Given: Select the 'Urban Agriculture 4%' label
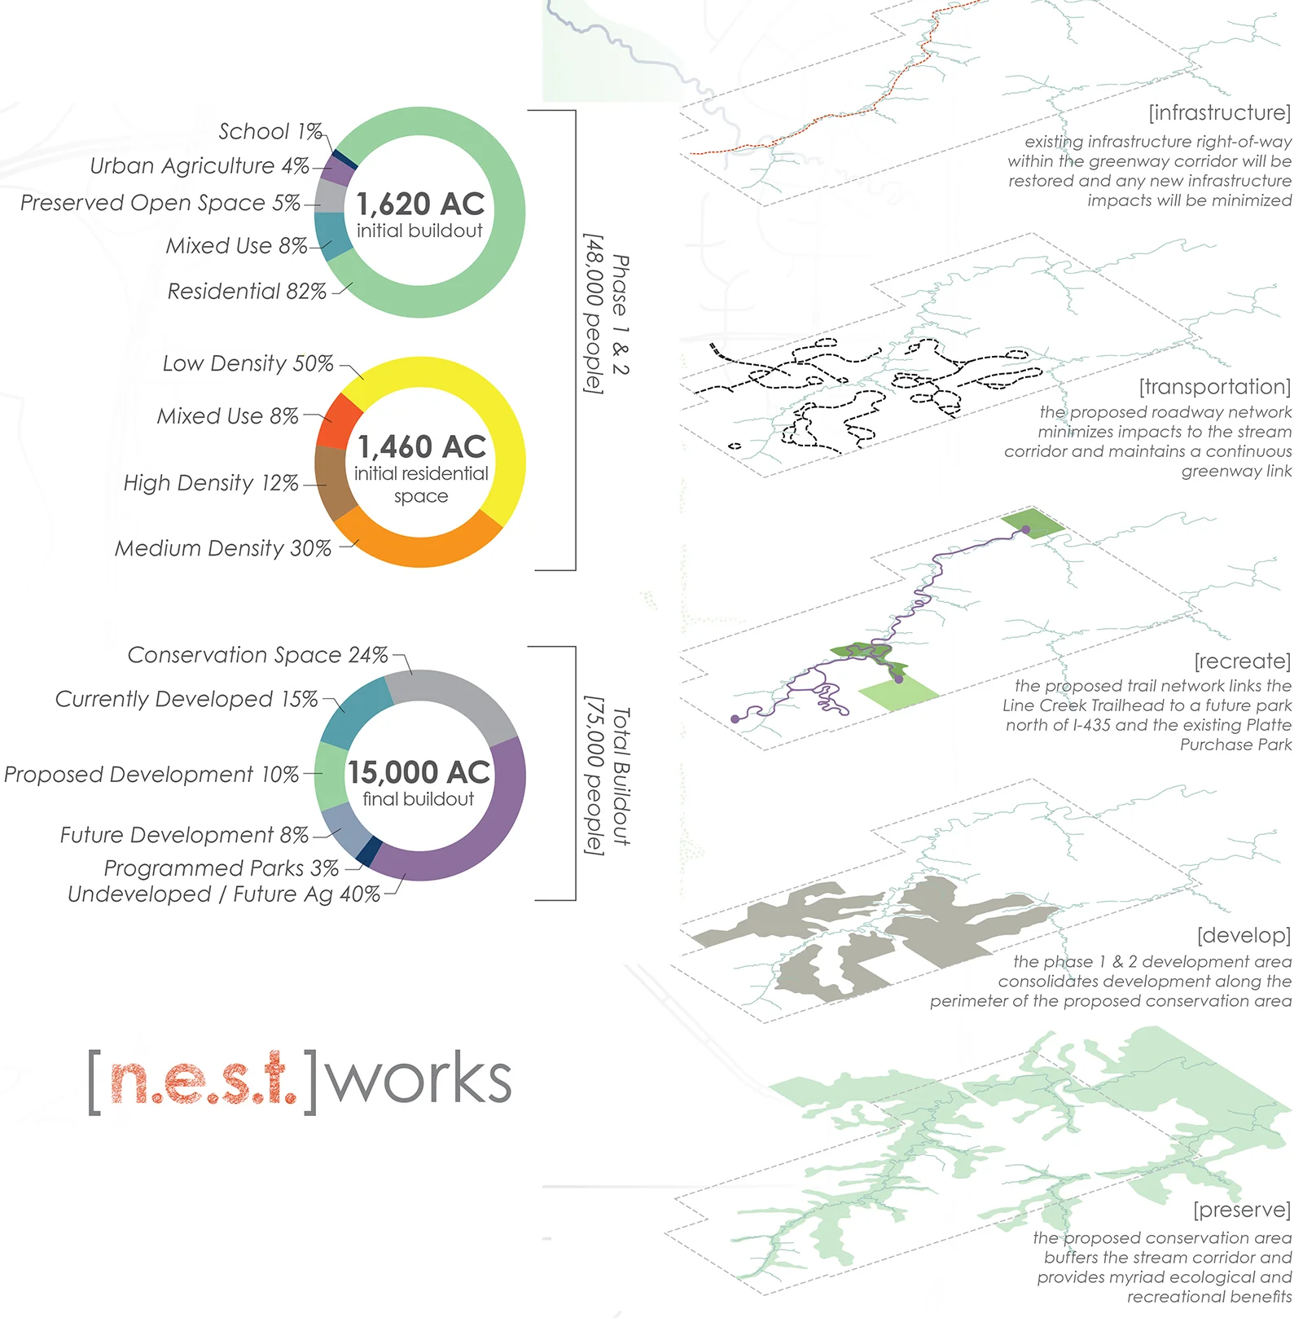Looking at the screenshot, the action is click(200, 166).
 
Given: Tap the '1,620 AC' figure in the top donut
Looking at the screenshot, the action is click(420, 204).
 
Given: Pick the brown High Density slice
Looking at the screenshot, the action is click(332, 482).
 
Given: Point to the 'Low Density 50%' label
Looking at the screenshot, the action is click(248, 363).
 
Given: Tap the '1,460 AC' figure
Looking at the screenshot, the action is click(421, 446).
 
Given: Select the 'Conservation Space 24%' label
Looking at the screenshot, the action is click(257, 655).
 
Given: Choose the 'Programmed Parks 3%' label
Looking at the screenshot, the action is click(221, 868).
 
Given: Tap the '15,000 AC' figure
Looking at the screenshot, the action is click(419, 772).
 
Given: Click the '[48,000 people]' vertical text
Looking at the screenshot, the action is click(595, 314).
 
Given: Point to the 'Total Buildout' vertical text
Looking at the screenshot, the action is click(621, 776).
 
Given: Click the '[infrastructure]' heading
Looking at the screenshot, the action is click(1219, 112).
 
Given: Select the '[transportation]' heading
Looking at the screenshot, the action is click(1214, 386).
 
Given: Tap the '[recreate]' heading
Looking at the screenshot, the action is click(1242, 661).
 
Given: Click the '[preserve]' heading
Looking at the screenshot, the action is click(1241, 1210).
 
